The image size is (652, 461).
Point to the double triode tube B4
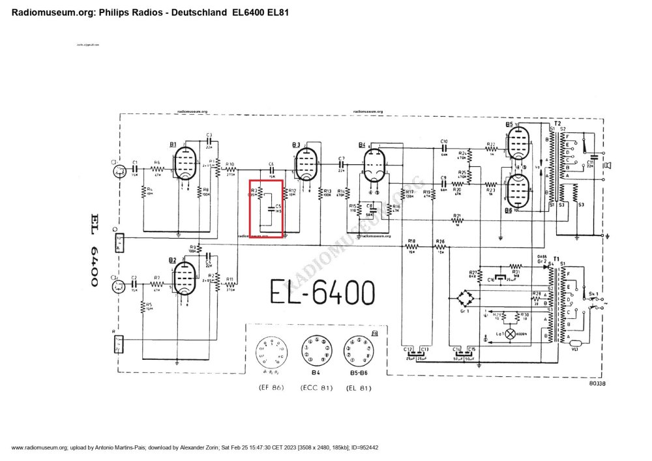[x=374, y=165]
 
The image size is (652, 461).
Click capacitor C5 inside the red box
[x=271, y=211]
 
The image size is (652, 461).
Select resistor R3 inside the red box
[x=260, y=193]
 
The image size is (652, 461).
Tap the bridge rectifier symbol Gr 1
[x=465, y=300]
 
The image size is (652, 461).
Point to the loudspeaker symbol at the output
[x=606, y=166]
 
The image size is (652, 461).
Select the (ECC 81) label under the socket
[x=317, y=388]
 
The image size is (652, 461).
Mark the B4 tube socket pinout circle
[x=317, y=352]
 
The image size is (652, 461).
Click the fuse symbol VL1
[x=574, y=344]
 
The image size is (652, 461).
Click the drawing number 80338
[x=597, y=384]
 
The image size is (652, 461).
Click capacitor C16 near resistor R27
[x=499, y=278]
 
